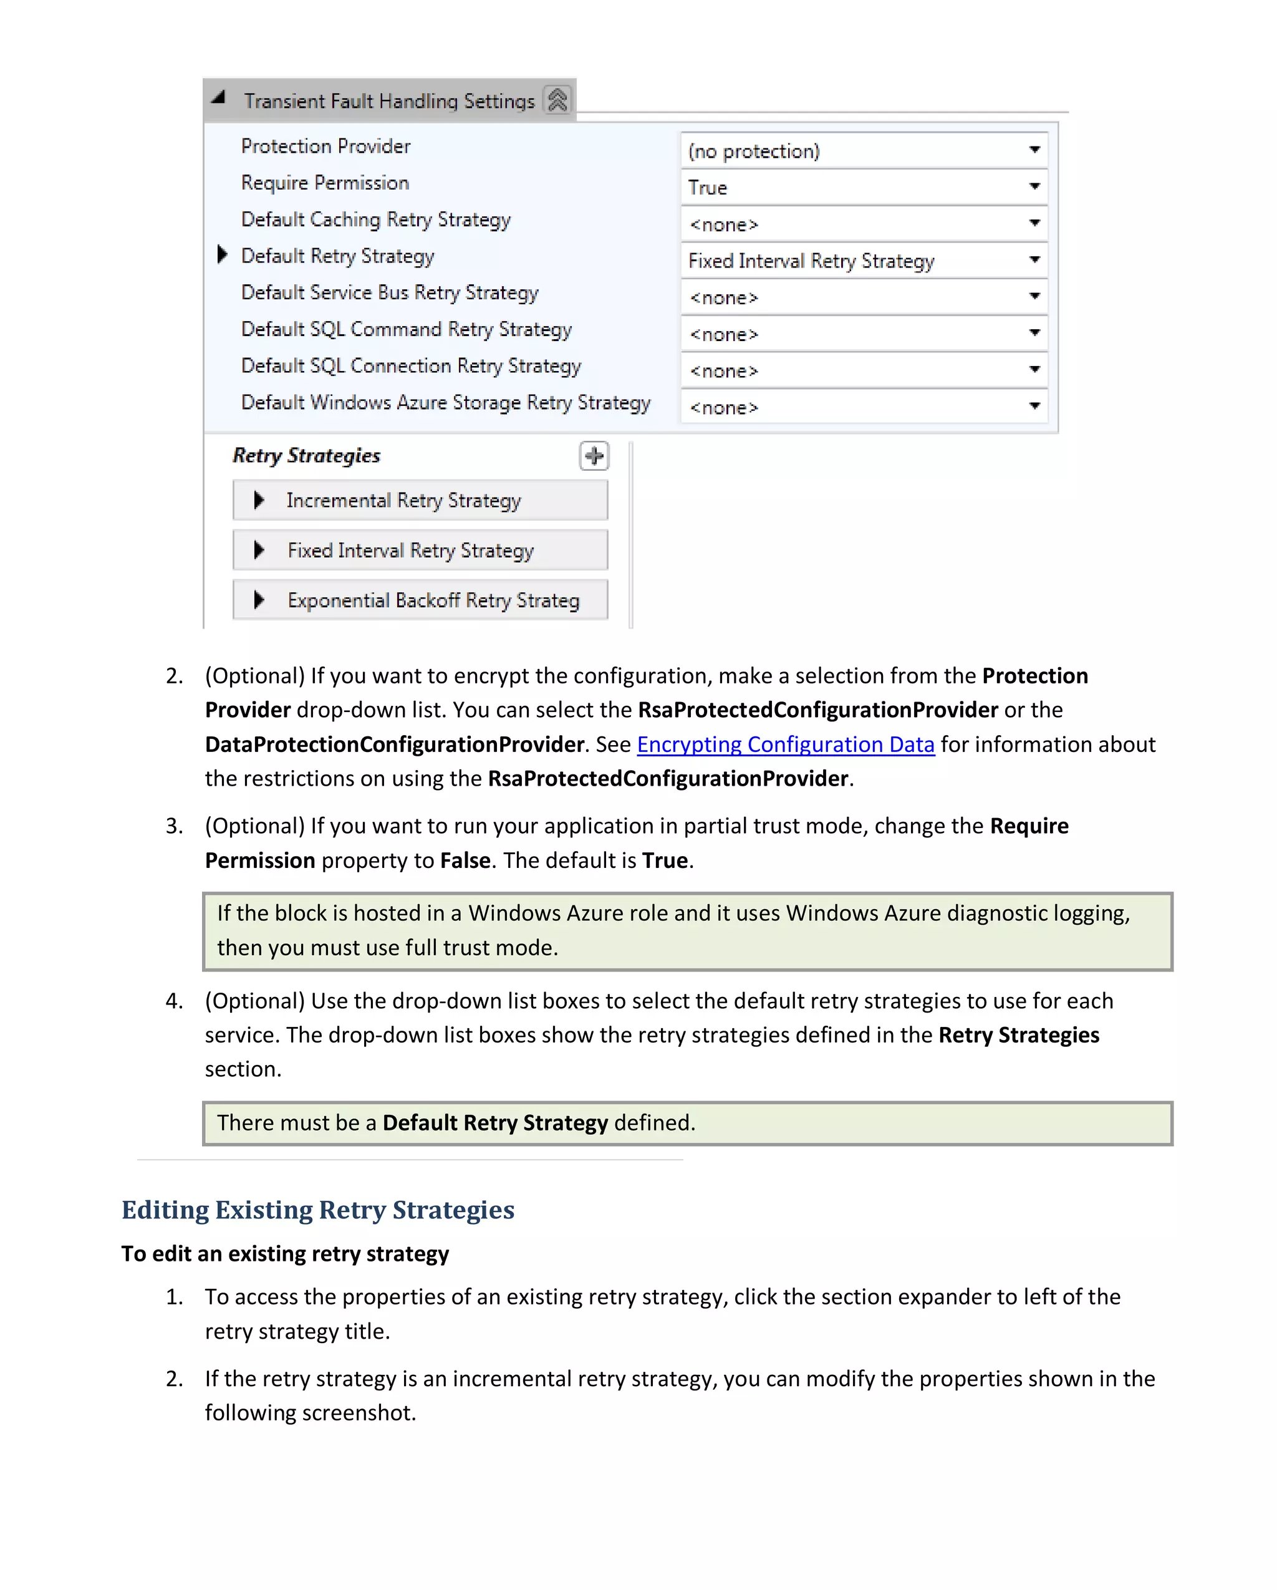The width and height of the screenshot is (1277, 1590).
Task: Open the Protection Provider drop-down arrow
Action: (x=1034, y=150)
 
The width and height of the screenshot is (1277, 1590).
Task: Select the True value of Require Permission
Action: (x=708, y=187)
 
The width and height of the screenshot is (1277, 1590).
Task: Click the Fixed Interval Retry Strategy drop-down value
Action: (x=811, y=261)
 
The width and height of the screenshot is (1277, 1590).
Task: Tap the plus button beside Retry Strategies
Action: (x=594, y=456)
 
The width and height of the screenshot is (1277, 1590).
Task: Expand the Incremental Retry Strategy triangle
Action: (x=259, y=500)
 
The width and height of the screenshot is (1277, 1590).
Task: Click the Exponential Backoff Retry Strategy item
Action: (x=433, y=600)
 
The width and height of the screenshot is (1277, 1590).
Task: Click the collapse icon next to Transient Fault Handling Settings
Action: (x=557, y=100)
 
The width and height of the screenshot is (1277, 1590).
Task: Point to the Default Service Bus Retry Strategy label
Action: (x=389, y=293)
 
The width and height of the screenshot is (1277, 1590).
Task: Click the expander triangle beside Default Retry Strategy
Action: (x=222, y=254)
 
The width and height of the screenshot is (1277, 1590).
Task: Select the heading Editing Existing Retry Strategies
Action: (x=318, y=1210)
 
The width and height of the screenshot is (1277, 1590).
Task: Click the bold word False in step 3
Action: (x=465, y=860)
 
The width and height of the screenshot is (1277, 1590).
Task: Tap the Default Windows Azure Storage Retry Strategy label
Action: (x=445, y=403)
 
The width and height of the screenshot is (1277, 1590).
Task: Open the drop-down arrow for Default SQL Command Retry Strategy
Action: (x=1034, y=332)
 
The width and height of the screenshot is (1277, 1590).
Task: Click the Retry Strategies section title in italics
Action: (x=306, y=455)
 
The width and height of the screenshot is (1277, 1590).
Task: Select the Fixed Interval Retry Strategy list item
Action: (x=410, y=550)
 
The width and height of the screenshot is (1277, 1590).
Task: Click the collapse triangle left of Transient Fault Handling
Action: (x=218, y=97)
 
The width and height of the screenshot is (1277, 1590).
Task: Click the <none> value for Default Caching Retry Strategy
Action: (x=724, y=224)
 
